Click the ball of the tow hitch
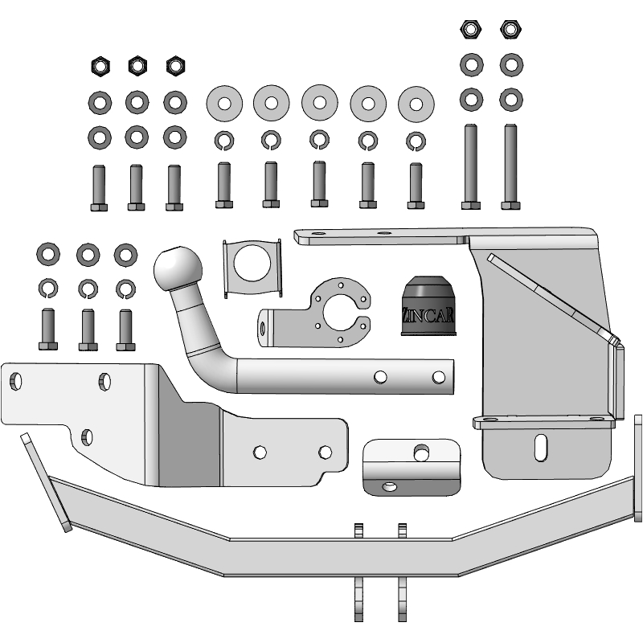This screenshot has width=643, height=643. coord(178,268)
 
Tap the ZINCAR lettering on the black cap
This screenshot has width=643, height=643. coord(428,315)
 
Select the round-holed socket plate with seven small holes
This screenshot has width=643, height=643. coord(315,313)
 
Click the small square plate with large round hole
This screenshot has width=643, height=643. coord(252,268)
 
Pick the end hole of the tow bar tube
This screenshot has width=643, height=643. coord(438,377)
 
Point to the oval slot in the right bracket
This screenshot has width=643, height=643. coord(541,448)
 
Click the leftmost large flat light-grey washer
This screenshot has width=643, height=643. coord(224,104)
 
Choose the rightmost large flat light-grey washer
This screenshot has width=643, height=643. coord(416,104)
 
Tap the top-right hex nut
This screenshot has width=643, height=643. coord(510,29)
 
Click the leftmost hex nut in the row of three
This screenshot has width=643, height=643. coord(100,66)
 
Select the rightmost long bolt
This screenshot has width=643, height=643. coord(510,166)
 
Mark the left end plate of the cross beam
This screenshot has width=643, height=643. coord(46,482)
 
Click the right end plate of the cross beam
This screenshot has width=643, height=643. coord(638,469)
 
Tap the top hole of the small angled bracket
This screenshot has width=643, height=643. coord(421,453)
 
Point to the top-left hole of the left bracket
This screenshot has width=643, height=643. coord(15,381)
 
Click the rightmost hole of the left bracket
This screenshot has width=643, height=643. coord(326,453)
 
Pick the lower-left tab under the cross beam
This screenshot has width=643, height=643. coord(358,599)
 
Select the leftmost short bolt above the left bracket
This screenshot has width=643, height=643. coord(48,330)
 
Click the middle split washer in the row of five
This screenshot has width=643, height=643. coord(319,139)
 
